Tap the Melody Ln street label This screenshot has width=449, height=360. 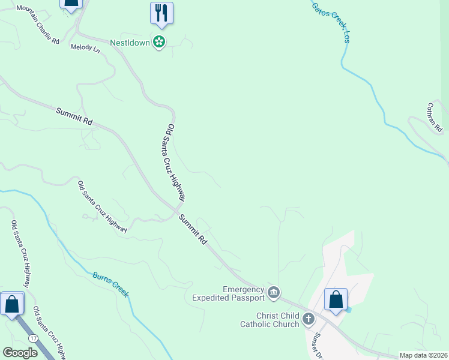[85, 48]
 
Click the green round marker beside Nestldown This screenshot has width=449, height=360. [159, 42]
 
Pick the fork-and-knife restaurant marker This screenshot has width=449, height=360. [161, 13]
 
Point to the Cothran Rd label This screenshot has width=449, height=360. [434, 117]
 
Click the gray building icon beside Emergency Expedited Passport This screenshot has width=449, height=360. [274, 292]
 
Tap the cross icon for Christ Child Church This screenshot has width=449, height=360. [309, 319]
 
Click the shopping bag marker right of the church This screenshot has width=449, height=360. [336, 300]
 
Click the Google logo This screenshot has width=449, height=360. [20, 353]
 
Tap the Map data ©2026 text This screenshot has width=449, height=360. [423, 355]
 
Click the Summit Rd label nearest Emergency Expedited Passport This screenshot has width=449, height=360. [193, 230]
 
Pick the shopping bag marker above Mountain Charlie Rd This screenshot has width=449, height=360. [71, 3]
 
